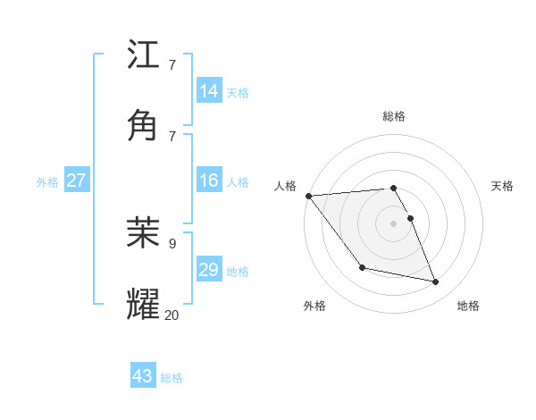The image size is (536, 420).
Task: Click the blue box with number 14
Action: pos(209,91)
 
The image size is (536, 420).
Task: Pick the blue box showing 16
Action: pos(209,181)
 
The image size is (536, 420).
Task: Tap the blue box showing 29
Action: pos(209,270)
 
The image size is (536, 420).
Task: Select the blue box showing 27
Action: pos(76,181)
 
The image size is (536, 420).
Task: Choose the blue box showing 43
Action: pos(142,376)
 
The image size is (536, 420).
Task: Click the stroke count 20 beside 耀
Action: pos(172,314)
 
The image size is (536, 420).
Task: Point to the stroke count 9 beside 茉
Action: pos(172,243)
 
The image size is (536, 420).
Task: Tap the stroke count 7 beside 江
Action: pos(172,65)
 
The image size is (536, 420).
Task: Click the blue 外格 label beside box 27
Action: pos(47,182)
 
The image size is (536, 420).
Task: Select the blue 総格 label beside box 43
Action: pos(172,378)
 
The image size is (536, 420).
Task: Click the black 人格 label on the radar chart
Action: pos(284,185)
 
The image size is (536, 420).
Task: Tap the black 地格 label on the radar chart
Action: pos(468,306)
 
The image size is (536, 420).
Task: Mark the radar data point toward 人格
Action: pos(308,196)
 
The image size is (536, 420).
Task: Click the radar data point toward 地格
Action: pos(436,282)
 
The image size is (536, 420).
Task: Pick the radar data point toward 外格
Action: pos(362,267)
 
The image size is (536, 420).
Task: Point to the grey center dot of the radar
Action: pos(393,223)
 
